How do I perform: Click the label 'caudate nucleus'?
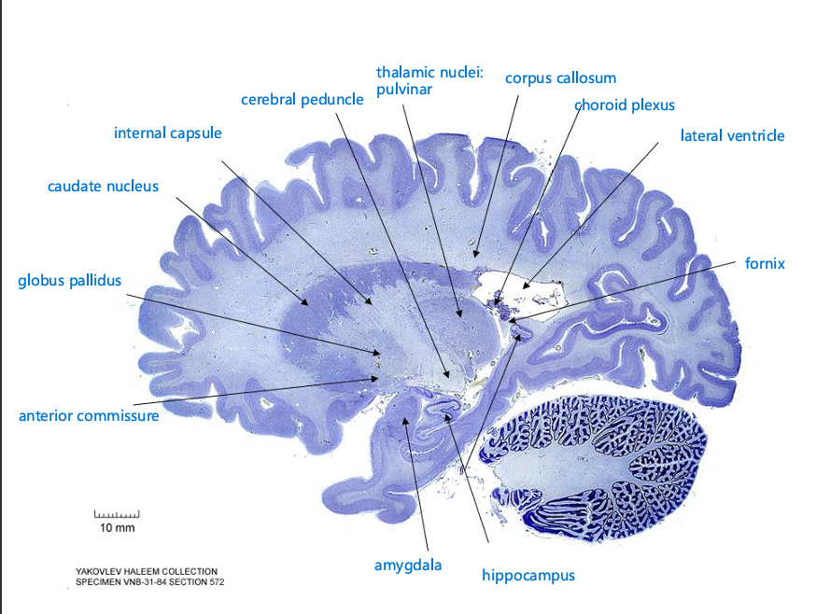tap(103, 186)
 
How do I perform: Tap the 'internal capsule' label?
tap(168, 133)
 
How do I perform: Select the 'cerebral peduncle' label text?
tap(302, 99)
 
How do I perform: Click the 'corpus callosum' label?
tap(560, 77)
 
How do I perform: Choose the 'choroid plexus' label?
tap(624, 105)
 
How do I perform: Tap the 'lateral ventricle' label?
tap(732, 135)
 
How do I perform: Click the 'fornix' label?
tap(765, 263)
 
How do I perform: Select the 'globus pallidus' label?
tap(69, 280)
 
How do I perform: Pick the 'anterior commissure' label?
tap(89, 415)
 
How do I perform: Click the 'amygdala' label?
tap(407, 565)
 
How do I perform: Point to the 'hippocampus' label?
tap(528, 575)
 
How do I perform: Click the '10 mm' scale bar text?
tap(118, 528)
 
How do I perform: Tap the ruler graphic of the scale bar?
tap(117, 514)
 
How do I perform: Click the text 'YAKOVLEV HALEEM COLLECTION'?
tap(147, 571)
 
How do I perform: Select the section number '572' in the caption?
tap(214, 582)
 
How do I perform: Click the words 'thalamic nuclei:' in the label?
tap(429, 72)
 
